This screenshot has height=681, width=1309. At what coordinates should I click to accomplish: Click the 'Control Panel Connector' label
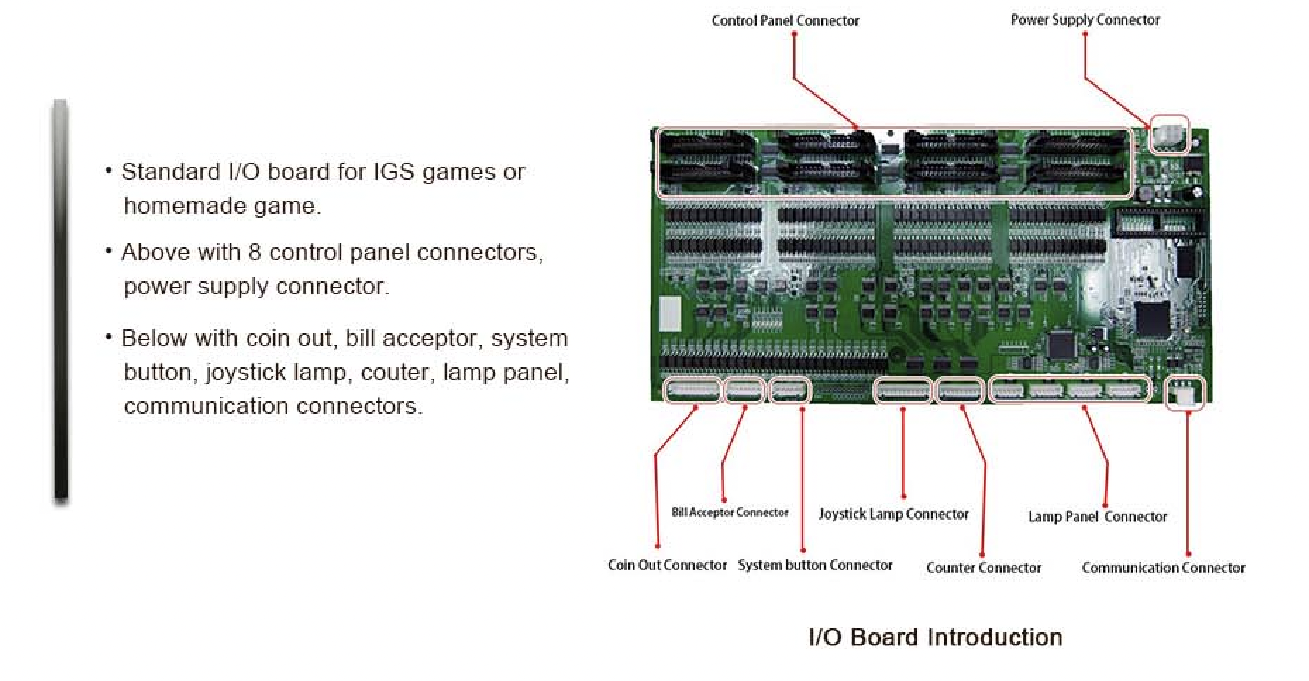pyautogui.click(x=786, y=21)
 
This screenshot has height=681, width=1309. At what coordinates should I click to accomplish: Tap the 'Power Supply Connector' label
pyautogui.click(x=1085, y=20)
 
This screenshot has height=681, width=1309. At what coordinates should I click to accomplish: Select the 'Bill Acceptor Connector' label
pyautogui.click(x=730, y=513)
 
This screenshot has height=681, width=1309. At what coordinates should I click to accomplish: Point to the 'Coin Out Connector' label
pyautogui.click(x=667, y=565)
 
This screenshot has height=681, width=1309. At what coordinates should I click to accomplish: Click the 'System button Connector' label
pyautogui.click(x=815, y=565)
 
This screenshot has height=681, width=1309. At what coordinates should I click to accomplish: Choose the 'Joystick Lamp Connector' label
pyautogui.click(x=893, y=515)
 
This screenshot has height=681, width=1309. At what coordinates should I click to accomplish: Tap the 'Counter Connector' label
pyautogui.click(x=984, y=568)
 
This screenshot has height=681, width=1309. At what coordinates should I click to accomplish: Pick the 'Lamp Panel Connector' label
pyautogui.click(x=1098, y=517)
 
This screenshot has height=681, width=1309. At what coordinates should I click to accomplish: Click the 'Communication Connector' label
pyautogui.click(x=1163, y=568)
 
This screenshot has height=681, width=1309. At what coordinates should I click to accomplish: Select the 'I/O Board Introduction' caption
pyautogui.click(x=936, y=637)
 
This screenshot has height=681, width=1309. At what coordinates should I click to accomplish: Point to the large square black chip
pyautogui.click(x=1151, y=318)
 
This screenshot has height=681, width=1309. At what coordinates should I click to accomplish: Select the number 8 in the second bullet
pyautogui.click(x=254, y=252)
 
